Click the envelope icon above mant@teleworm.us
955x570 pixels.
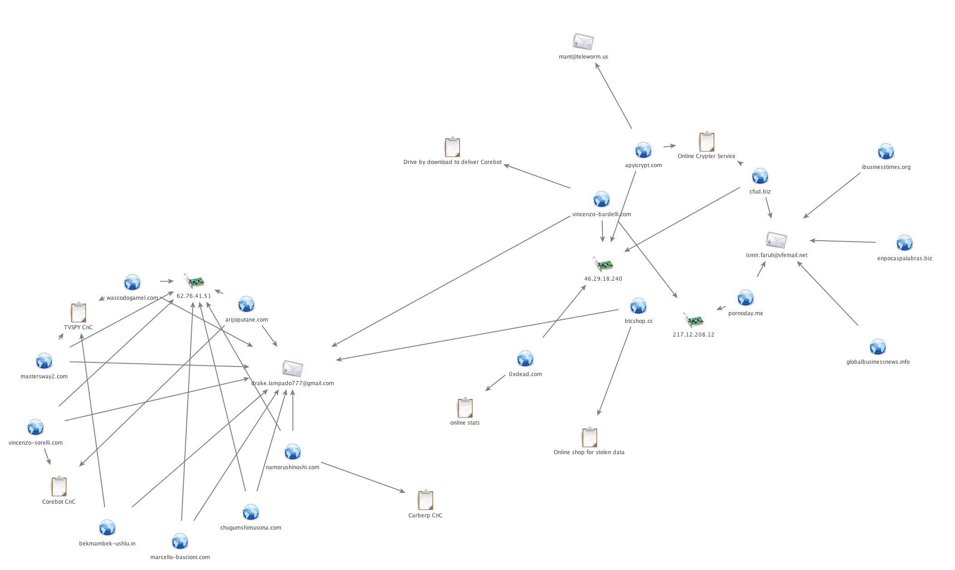(x=583, y=42)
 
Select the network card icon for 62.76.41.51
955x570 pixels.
(x=194, y=281)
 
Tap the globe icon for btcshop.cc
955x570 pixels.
(x=638, y=306)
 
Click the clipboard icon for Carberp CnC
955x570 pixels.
(x=425, y=500)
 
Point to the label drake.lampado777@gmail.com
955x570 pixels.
(x=293, y=383)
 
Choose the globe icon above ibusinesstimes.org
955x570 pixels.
(x=885, y=152)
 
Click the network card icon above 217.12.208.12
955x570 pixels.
(x=693, y=320)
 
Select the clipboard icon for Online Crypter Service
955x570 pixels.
(x=706, y=142)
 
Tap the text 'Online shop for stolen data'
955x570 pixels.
(x=589, y=452)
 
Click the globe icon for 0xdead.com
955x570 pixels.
(x=525, y=359)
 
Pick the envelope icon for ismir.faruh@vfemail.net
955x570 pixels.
(x=776, y=240)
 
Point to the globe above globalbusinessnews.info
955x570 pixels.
(x=877, y=347)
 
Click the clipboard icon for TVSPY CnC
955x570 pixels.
(x=79, y=312)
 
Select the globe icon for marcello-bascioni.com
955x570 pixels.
(x=180, y=541)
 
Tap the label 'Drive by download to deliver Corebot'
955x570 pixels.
(x=453, y=162)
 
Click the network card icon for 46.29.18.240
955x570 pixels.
(x=603, y=264)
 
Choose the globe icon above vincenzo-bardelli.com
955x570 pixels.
(x=601, y=199)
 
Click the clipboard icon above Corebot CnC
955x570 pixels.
(x=59, y=486)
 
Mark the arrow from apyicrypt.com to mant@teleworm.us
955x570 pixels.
(x=613, y=96)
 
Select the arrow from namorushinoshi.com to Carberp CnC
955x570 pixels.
(x=363, y=477)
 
